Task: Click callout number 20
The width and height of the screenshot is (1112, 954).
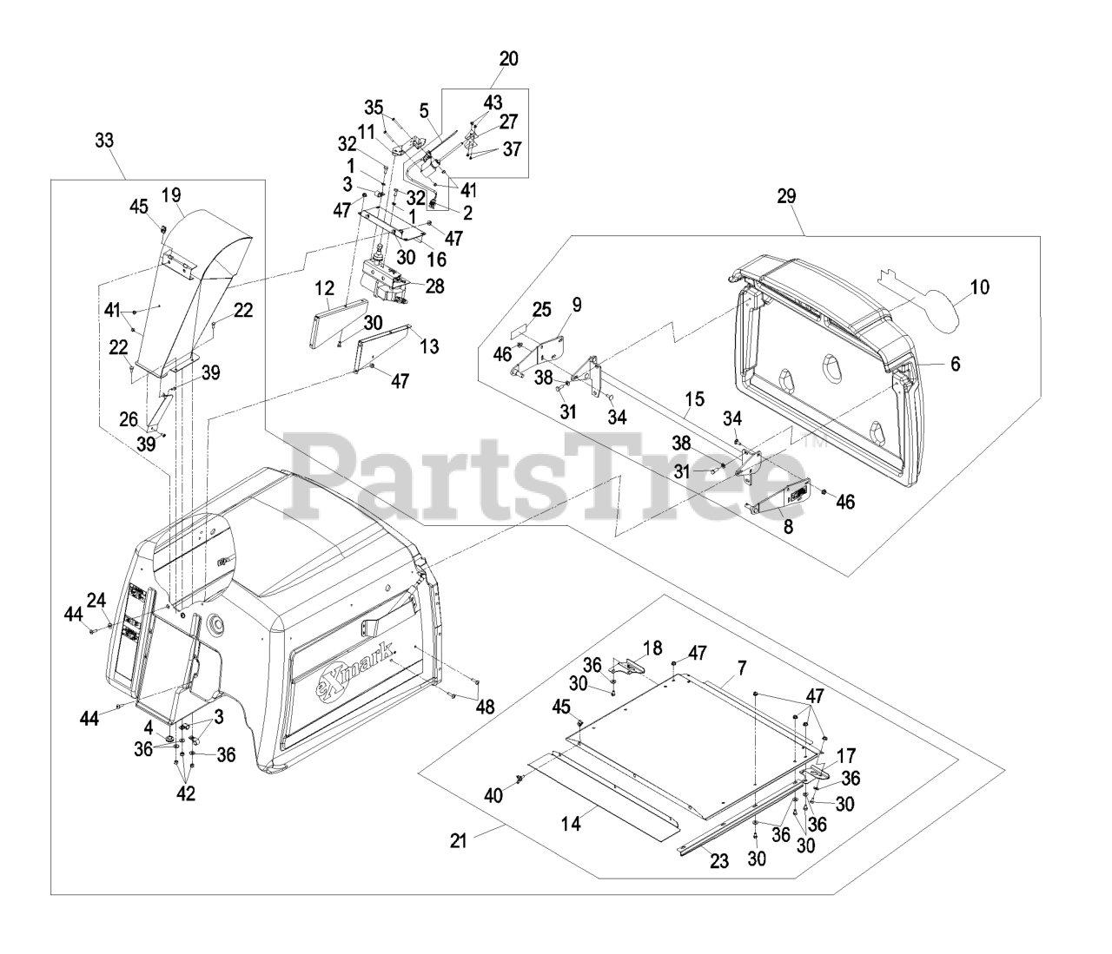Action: click(508, 59)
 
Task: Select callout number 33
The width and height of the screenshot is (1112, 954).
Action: click(103, 141)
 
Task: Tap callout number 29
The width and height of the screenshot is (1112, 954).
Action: click(785, 197)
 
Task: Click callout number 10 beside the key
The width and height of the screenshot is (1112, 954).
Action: click(979, 287)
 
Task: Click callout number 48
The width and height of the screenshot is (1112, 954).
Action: click(484, 707)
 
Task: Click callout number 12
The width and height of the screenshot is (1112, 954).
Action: click(324, 286)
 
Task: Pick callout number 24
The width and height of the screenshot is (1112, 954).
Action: click(95, 598)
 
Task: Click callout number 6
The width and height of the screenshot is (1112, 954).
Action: click(955, 365)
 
